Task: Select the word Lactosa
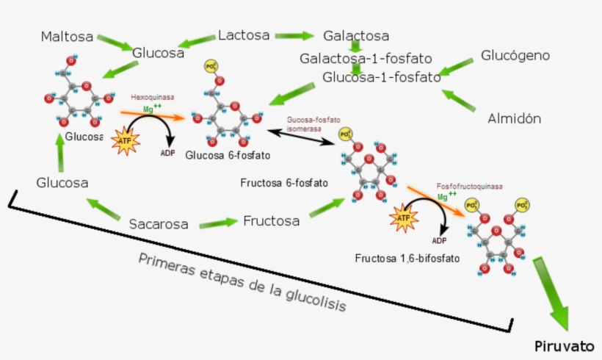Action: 244,35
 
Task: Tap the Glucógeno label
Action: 515,55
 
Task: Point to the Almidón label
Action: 514,118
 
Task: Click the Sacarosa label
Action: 159,223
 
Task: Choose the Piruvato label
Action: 563,346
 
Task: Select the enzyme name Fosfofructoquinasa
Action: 469,187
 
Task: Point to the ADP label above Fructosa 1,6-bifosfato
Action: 439,240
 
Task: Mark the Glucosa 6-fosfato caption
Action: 228,156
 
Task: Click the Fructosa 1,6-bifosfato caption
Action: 407,259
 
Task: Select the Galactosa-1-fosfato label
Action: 365,58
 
